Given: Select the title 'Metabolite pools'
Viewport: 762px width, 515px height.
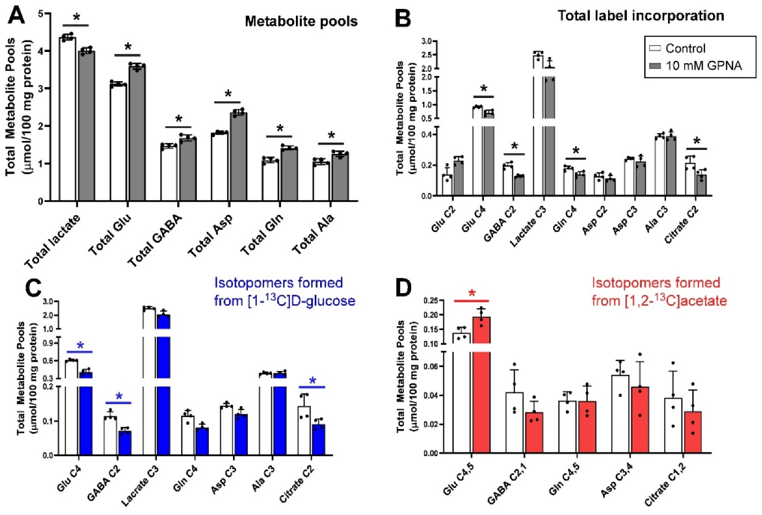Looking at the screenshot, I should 301,21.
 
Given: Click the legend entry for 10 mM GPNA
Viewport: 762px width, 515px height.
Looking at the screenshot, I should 703,66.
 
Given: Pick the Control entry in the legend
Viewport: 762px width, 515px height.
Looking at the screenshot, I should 685,48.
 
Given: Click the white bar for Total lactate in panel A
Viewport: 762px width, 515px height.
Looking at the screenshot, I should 67,119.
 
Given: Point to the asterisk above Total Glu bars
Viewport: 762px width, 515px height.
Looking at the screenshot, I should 128,47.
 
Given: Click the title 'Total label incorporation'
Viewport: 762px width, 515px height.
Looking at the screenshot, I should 641,16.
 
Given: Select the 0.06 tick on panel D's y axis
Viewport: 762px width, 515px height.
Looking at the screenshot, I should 431,367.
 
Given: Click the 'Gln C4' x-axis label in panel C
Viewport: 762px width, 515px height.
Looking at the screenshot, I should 185,478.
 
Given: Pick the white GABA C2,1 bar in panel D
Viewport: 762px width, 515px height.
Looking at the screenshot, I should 514,422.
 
